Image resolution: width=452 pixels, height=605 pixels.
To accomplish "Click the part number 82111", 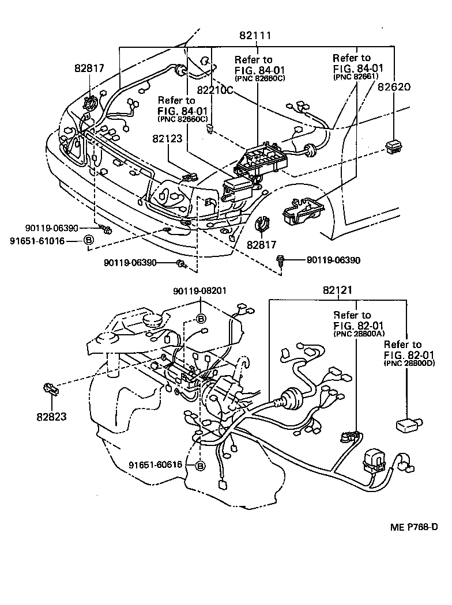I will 255,36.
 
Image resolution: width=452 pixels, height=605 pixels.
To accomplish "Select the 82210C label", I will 214,90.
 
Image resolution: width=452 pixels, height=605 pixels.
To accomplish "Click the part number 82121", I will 337,292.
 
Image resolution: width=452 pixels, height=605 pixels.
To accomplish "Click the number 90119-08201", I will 201,292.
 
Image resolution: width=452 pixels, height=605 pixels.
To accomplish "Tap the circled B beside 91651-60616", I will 200,466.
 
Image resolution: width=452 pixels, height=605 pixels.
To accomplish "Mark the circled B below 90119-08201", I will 201,318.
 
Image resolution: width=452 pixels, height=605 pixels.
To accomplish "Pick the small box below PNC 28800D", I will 407,425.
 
